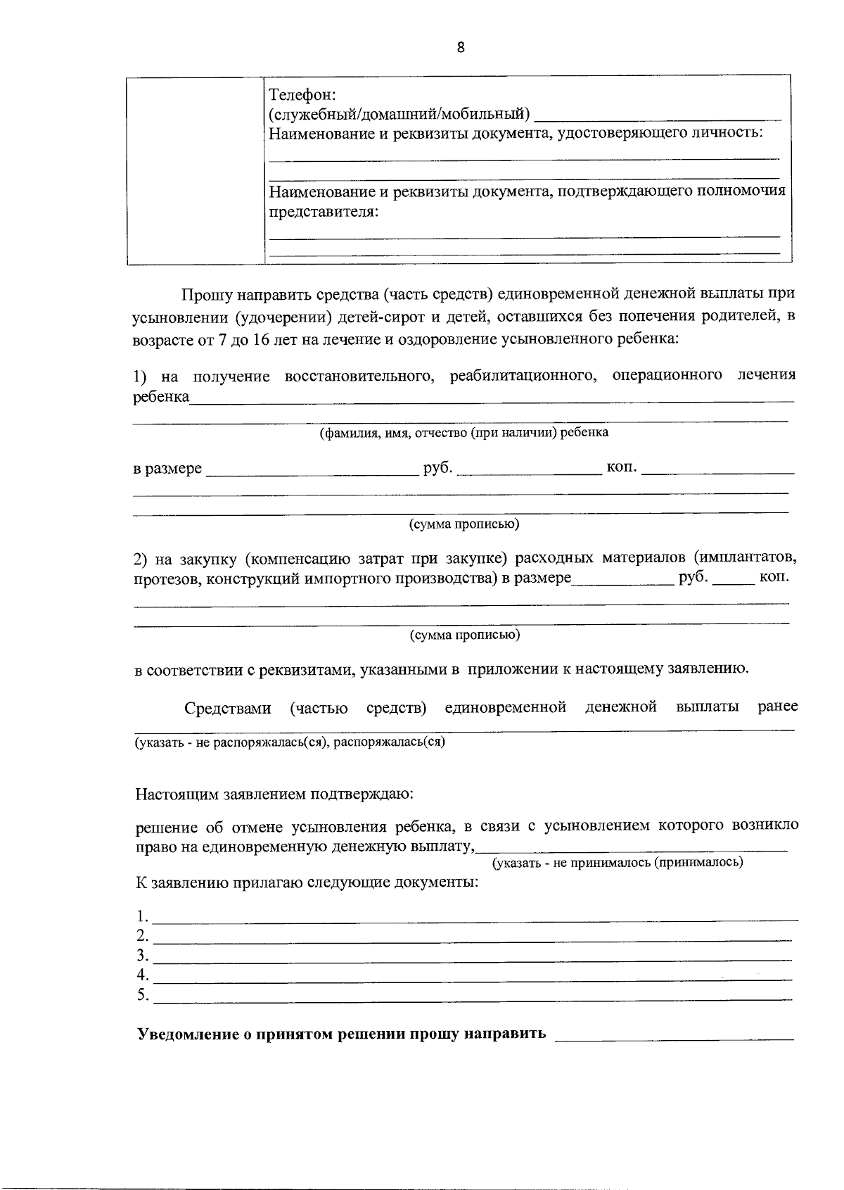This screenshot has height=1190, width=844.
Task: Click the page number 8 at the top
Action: coord(461,48)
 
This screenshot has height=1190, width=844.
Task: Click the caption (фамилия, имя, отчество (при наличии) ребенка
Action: coord(464,432)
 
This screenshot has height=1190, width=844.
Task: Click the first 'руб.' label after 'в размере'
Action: coord(437,468)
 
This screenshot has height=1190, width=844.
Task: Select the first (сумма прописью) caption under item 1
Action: coord(465,524)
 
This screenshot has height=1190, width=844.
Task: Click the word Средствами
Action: coord(228,708)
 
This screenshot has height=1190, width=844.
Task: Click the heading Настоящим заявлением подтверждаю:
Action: coord(274,795)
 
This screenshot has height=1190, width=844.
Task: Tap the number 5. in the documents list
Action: coord(143,995)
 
